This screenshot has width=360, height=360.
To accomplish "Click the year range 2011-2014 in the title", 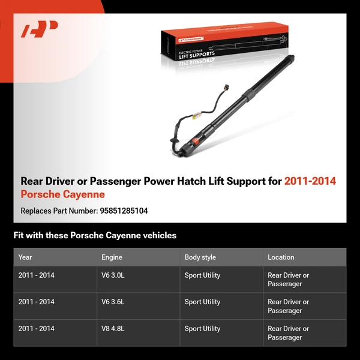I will point(310,181).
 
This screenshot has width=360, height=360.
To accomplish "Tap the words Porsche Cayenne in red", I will point(62,194).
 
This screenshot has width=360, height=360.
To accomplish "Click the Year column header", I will point(25,257).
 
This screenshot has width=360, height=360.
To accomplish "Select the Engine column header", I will point(112,257).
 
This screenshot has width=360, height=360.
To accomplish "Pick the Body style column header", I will point(200,257).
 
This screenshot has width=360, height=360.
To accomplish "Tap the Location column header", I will point(281,257).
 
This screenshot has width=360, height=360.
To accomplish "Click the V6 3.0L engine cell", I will point(113,275).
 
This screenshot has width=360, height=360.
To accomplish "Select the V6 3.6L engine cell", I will point(113,302).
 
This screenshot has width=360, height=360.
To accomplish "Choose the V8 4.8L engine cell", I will point(113,329).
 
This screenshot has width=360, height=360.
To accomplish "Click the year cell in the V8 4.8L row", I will point(36,329).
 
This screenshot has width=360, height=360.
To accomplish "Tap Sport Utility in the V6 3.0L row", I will point(202,275).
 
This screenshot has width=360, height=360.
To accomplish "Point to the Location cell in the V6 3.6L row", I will point(288,306).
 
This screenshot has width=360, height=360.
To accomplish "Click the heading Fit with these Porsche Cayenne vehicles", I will point(95,235).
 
